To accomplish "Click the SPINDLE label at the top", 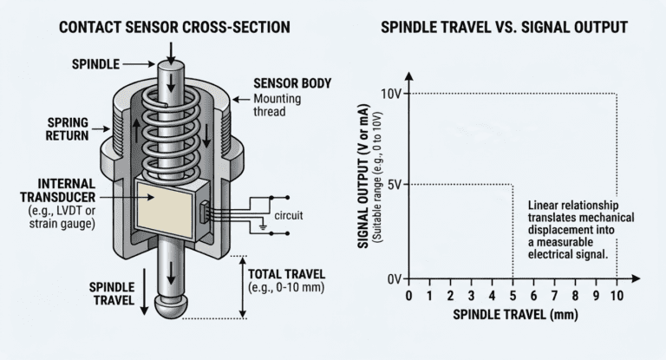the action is click(95, 64).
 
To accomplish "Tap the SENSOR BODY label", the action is click(292, 83).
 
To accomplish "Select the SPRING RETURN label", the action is click(68, 129).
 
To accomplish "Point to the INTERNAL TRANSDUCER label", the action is click(58, 191).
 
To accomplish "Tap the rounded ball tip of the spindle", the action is click(170, 305).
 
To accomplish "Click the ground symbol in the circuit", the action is click(263, 226).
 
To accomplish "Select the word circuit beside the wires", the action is click(289, 215).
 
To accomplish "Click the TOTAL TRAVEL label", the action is click(286, 274).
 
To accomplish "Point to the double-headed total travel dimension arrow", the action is click(243, 287).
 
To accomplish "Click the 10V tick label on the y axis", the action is click(391, 94).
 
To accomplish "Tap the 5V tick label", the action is click(395, 185).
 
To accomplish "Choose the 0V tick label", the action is click(395, 279).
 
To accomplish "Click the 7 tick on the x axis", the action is click(554, 296).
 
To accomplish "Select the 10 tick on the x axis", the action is click(617, 296).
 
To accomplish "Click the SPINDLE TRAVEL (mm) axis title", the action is click(516, 315).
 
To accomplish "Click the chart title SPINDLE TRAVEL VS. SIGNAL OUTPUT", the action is click(504, 28).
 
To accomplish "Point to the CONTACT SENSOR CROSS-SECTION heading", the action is click(174, 28).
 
